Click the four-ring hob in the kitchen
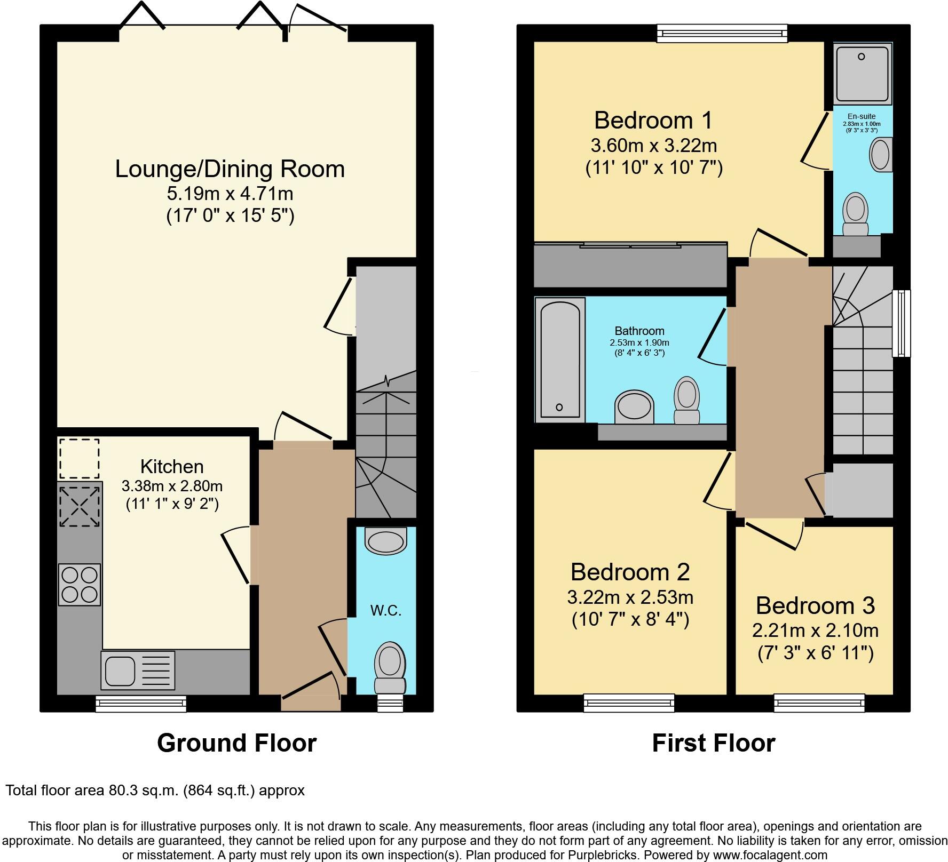coord(79,584)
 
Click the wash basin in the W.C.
coord(385,541)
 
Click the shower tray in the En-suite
coord(863,74)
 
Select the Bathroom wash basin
coord(634,407)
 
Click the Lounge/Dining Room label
coord(230,169)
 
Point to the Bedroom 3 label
coord(815,605)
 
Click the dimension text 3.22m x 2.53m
coord(630,596)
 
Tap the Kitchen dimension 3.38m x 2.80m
coord(172,486)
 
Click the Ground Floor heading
coord(236,743)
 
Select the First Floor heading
coord(713,743)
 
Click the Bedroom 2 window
coord(629,703)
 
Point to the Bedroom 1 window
coord(722,33)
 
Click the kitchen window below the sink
coord(141,703)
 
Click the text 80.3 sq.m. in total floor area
coord(142,790)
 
